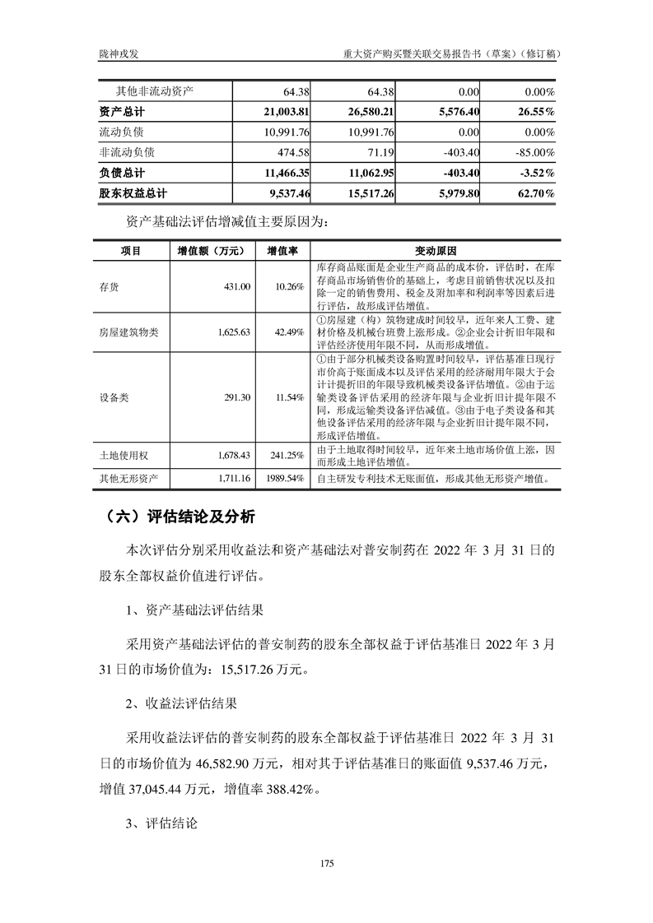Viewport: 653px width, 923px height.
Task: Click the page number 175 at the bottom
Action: tap(326, 863)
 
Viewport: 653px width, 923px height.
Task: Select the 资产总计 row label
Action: tap(122, 111)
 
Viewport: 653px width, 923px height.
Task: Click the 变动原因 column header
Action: tap(436, 250)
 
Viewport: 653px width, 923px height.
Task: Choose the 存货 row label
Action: tap(109, 285)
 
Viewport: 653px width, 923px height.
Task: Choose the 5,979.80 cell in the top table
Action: tap(456, 193)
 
